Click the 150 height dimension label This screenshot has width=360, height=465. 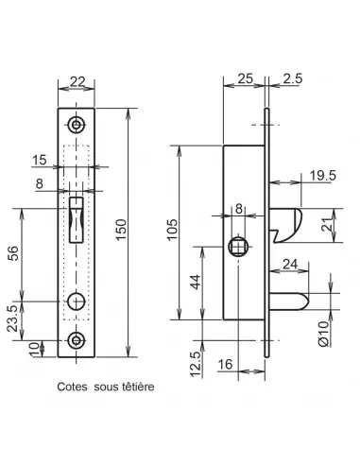(121, 230)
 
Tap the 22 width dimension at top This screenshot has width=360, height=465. (77, 82)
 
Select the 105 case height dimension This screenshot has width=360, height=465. (173, 230)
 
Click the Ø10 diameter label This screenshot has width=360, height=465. (324, 334)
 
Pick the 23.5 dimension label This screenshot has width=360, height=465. (13, 319)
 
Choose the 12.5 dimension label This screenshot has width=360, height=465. (196, 364)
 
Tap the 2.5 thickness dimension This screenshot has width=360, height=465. (293, 78)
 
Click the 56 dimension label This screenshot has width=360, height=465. (13, 253)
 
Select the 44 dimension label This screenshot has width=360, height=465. (196, 282)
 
